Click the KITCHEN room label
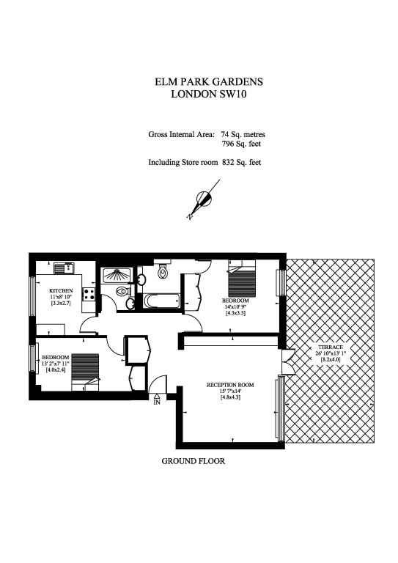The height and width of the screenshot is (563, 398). [61, 290]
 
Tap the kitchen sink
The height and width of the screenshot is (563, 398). [64, 268]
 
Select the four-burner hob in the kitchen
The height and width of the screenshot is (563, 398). [89, 295]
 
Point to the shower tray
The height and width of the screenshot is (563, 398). [117, 276]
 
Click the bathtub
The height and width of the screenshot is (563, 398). [162, 301]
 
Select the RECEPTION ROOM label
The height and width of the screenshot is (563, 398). [230, 385]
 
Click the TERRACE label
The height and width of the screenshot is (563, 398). [330, 347]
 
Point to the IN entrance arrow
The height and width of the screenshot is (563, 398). [157, 396]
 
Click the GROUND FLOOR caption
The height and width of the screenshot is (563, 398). [193, 461]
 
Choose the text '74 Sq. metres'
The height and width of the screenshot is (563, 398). [243, 135]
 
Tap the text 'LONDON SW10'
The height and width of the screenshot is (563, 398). [208, 94]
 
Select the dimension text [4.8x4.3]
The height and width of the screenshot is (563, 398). [230, 397]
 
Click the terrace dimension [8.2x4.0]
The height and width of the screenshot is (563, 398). [330, 359]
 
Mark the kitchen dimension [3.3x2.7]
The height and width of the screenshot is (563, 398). [61, 303]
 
